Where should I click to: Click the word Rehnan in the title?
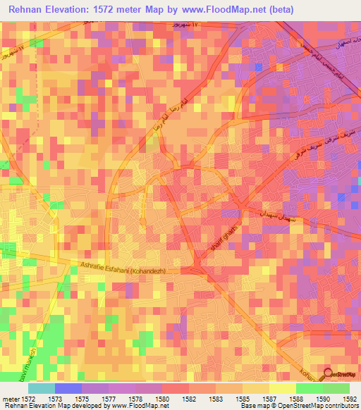pyautogui.click(x=29, y=8)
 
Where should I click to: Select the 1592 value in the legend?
pyautogui.click(x=350, y=399)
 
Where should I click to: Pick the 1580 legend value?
pyautogui.click(x=164, y=399)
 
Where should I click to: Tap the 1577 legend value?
pyautogui.click(x=110, y=399)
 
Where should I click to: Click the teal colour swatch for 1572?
pyautogui.click(x=42, y=388)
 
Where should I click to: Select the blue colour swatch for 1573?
pyautogui.click(x=68, y=388)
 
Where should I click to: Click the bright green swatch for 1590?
pyautogui.click(x=309, y=388)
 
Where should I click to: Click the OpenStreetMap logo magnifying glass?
pyautogui.click(x=326, y=375)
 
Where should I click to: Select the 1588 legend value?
pyautogui.click(x=296, y=399)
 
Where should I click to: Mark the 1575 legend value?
pyautogui.click(x=83, y=399)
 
